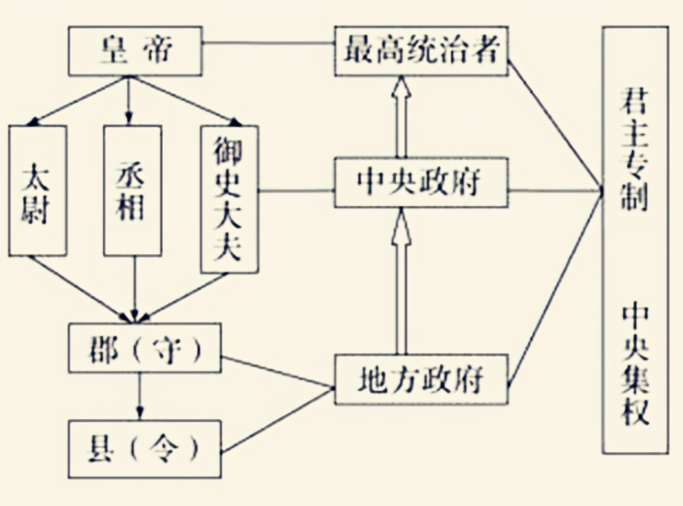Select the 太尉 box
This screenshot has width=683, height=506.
[x=37, y=190]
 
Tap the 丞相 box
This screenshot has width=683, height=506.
[x=132, y=190]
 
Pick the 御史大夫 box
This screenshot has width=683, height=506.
[x=229, y=199]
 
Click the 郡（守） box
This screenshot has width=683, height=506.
[x=144, y=347]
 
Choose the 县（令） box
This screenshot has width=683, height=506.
[x=144, y=448]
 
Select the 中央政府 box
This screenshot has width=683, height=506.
[x=421, y=183]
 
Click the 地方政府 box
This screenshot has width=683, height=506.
[x=421, y=380]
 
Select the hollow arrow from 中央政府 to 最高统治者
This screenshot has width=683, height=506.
[x=401, y=117]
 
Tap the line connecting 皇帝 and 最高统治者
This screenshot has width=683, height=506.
[x=269, y=43]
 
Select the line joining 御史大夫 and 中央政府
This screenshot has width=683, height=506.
[x=296, y=190]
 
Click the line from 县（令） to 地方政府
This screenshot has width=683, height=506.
[x=277, y=421]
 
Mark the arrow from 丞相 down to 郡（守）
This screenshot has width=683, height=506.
[x=134, y=288]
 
